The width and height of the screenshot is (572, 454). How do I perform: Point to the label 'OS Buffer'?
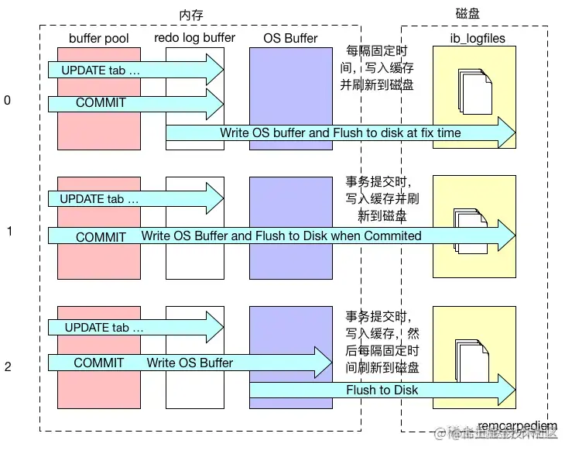point(283,38)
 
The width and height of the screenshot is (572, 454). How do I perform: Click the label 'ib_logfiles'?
point(474,38)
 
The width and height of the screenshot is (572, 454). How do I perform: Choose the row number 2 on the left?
point(8,366)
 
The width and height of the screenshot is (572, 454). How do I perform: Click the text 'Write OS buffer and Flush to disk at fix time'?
point(340,133)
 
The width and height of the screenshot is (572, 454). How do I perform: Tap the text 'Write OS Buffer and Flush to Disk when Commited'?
point(281,236)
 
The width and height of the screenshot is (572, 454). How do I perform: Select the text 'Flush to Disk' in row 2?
point(382,390)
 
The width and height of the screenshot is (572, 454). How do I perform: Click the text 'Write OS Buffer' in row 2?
point(190,363)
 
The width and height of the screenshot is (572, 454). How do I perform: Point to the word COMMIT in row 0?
point(101,102)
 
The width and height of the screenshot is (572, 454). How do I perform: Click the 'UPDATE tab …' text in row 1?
point(100,199)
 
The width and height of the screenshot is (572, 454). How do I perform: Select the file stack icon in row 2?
point(474,358)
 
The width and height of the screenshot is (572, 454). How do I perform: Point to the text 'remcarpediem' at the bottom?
point(517,427)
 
